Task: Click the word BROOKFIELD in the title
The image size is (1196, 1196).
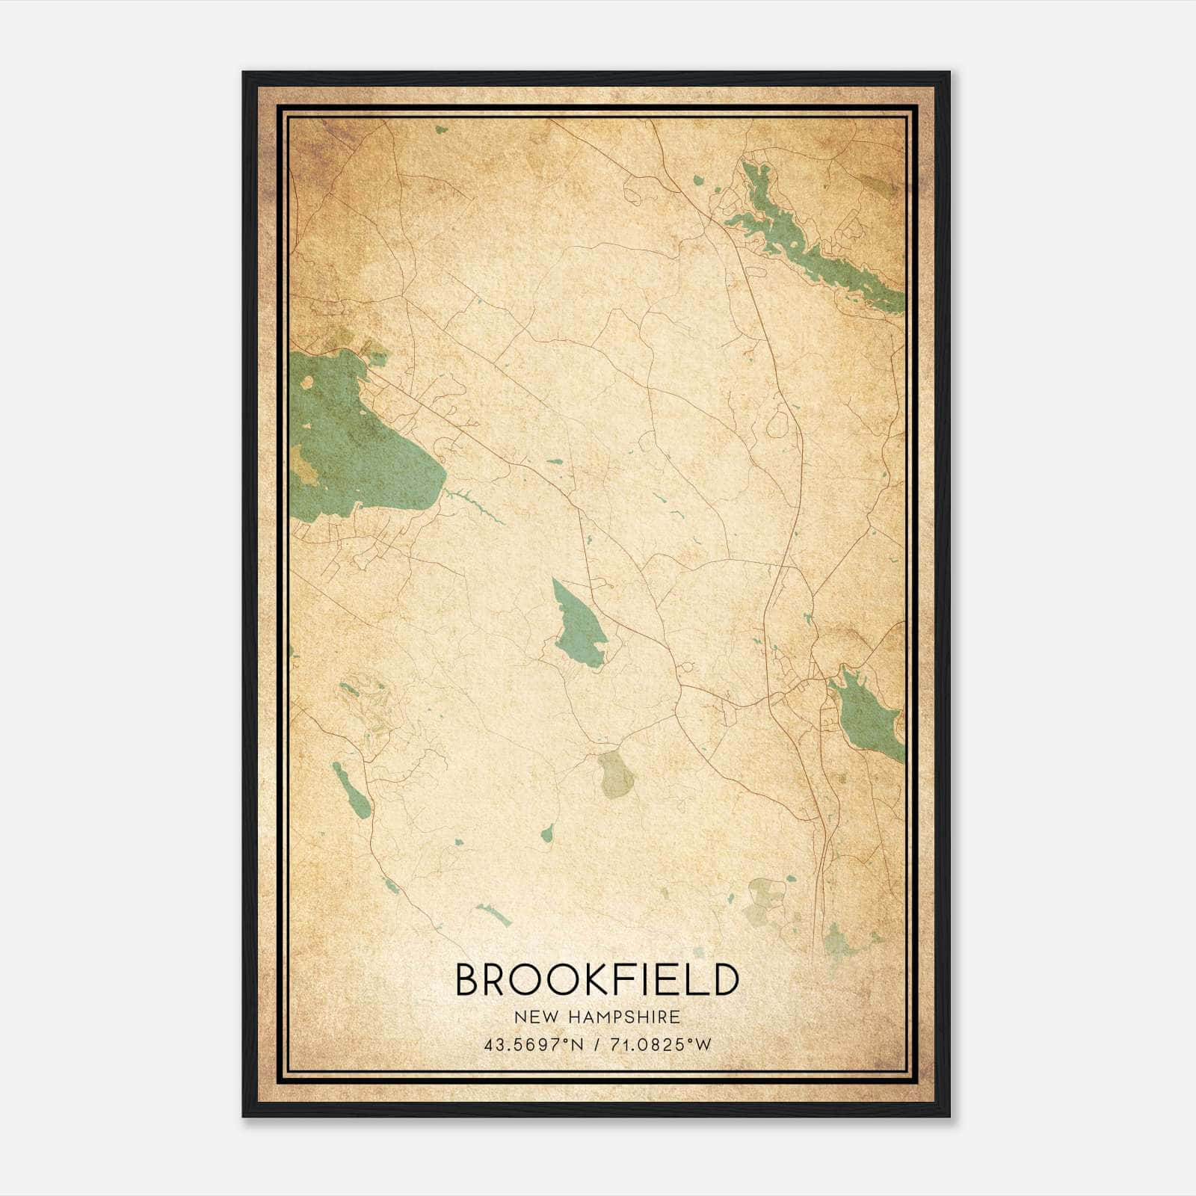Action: pyautogui.click(x=597, y=980)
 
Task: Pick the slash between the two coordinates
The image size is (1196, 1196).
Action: pyautogui.click(x=596, y=1044)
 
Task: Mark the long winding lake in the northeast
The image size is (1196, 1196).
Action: pyautogui.click(x=815, y=239)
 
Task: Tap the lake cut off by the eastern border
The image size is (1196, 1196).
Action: pyautogui.click(x=867, y=714)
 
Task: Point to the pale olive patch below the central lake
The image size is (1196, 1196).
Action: pyautogui.click(x=616, y=774)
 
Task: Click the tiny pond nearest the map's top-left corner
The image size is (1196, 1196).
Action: pyautogui.click(x=440, y=129)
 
